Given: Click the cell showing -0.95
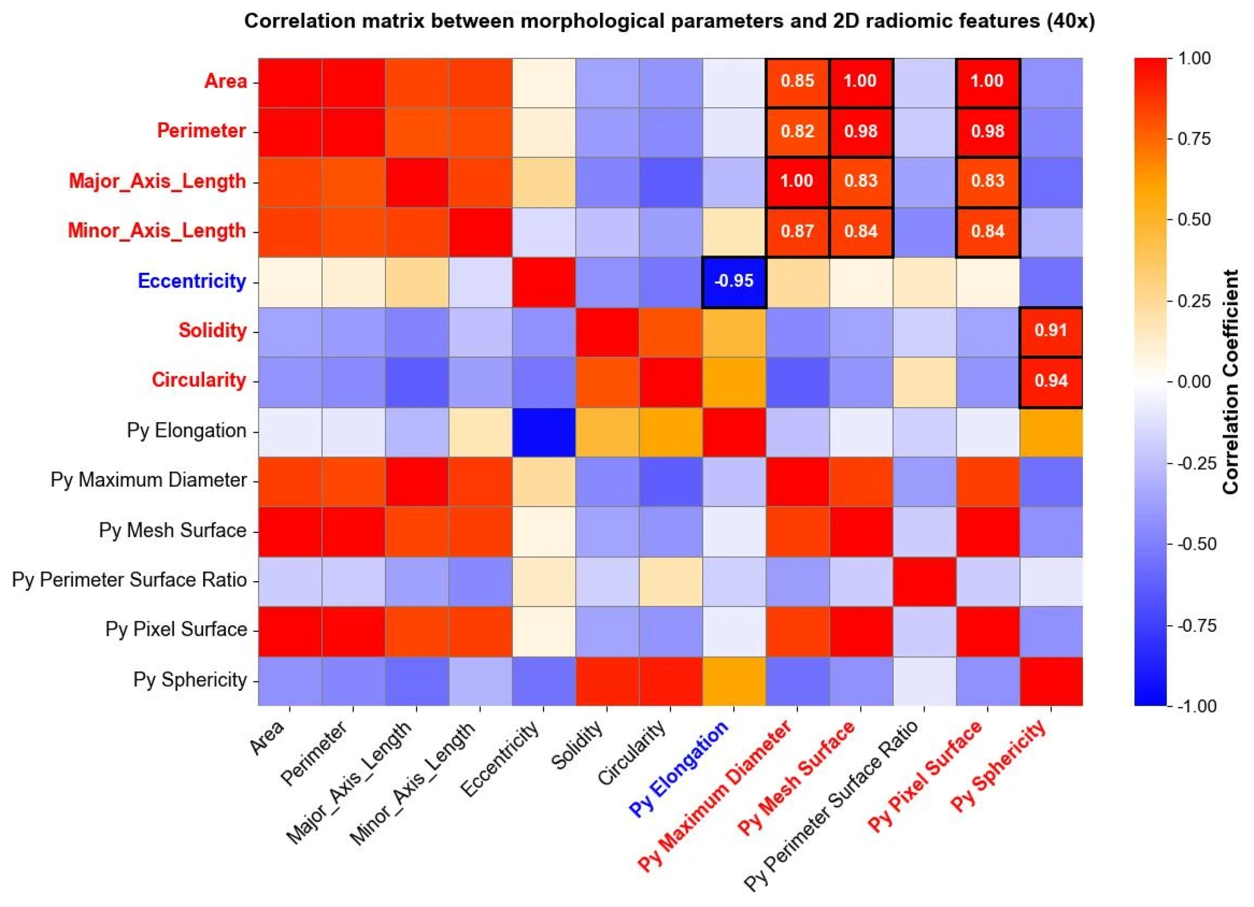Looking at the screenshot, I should pyautogui.click(x=734, y=281).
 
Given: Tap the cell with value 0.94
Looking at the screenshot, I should pyautogui.click(x=1050, y=381).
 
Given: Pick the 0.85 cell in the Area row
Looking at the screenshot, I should pyautogui.click(x=797, y=81).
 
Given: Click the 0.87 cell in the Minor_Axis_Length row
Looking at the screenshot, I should pyautogui.click(x=797, y=231).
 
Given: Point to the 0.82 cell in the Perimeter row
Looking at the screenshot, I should pyautogui.click(x=797, y=131).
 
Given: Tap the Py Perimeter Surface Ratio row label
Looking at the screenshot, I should pyautogui.click(x=130, y=580).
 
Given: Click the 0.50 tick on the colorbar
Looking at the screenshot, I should pyautogui.click(x=1194, y=220).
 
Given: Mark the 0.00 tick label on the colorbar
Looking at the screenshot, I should pyautogui.click(x=1194, y=382).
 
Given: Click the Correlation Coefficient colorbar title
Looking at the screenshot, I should pyautogui.click(x=1231, y=382).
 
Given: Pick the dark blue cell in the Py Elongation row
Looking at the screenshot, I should pyautogui.click(x=544, y=431).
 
